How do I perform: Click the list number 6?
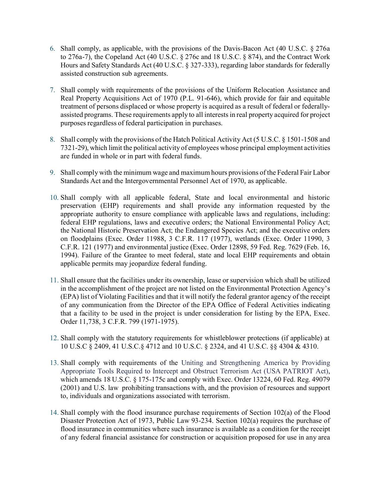(52, 49)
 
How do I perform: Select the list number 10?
(54, 198)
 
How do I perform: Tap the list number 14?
(54, 413)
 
